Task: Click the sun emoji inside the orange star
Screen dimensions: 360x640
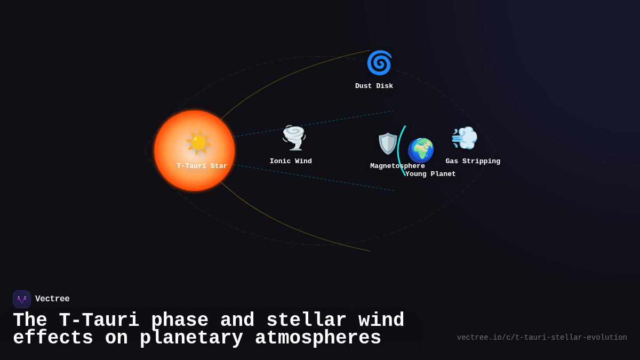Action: (198, 142)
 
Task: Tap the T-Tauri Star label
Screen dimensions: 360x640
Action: (202, 166)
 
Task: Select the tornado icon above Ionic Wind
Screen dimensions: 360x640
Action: (293, 138)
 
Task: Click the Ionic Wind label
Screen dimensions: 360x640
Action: (291, 161)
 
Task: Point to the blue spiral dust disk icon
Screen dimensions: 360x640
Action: (379, 63)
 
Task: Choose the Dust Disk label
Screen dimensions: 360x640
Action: (374, 86)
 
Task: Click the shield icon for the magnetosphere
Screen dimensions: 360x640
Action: (388, 143)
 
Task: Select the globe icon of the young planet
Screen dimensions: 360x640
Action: (421, 150)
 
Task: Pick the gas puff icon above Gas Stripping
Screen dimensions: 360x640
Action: (465, 138)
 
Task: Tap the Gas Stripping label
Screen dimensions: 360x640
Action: (473, 161)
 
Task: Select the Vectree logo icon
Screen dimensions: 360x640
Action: (22, 299)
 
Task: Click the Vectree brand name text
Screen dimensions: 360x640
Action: (52, 299)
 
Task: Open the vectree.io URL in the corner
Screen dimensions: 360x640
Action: (542, 338)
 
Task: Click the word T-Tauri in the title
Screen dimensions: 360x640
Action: (99, 321)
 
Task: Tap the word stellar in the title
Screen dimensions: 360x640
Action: (306, 321)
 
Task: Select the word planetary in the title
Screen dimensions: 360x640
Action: (191, 338)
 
